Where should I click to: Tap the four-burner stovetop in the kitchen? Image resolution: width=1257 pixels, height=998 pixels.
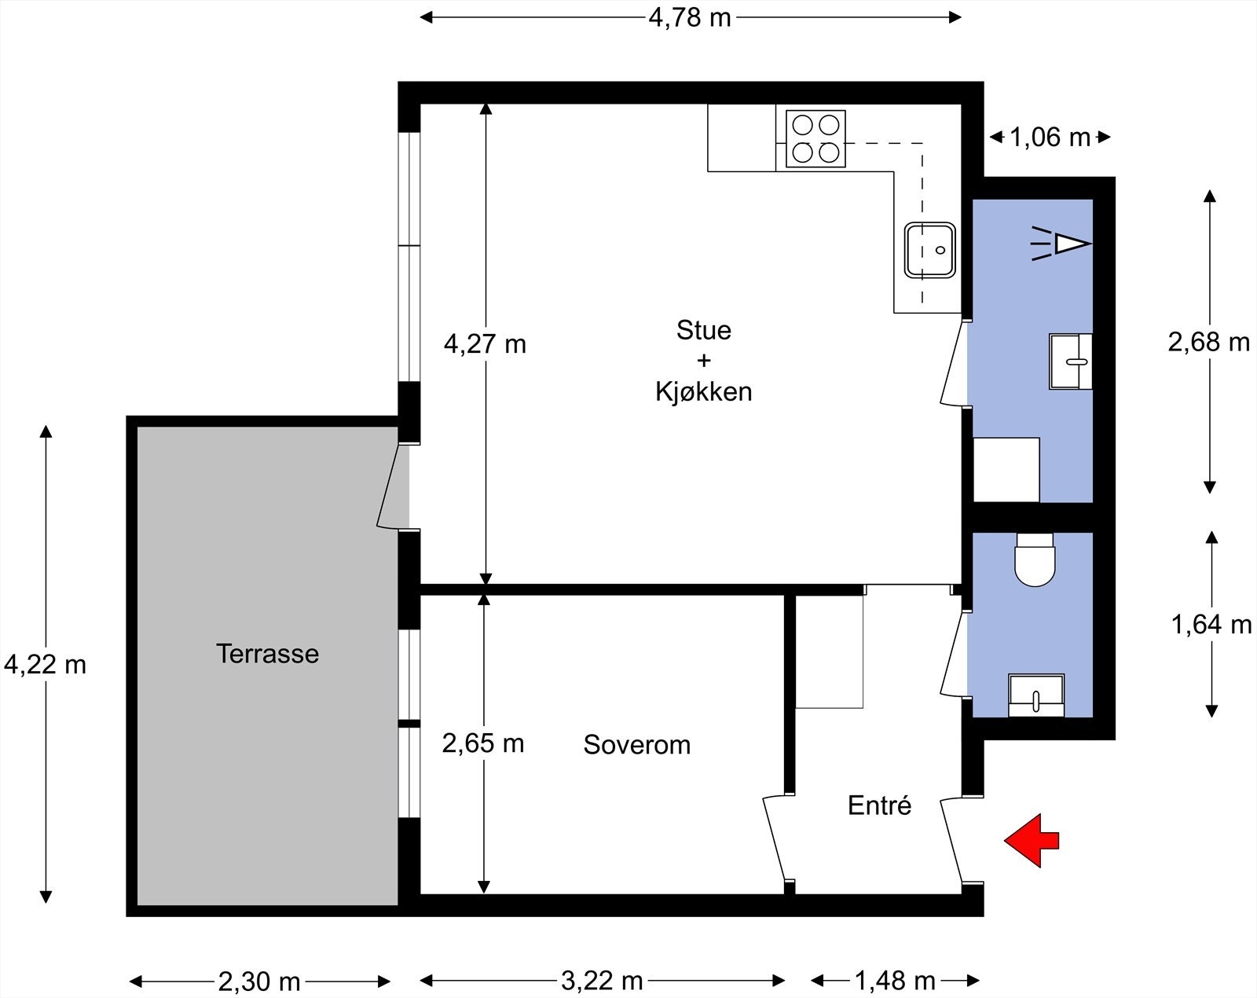(x=815, y=139)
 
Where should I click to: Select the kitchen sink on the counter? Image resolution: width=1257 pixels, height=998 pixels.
(x=930, y=250)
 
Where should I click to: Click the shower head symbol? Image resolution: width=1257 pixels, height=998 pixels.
(x=1061, y=243)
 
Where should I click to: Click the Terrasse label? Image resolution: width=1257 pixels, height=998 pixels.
(x=267, y=654)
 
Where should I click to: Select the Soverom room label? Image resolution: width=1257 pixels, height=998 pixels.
(x=636, y=744)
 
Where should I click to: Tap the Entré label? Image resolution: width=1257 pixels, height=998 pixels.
(x=879, y=805)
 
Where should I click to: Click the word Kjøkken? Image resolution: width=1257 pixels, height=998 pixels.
(x=703, y=391)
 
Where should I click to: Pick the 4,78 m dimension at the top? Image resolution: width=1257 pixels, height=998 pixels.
(x=689, y=17)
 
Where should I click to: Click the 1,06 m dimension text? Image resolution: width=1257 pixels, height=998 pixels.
(x=1050, y=138)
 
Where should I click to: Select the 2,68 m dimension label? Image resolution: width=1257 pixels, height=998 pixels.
(x=1208, y=342)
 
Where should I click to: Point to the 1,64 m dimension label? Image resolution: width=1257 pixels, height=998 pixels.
(x=1211, y=625)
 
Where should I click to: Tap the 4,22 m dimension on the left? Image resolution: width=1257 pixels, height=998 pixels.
(x=45, y=665)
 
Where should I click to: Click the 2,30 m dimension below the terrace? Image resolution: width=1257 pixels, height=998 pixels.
(x=259, y=981)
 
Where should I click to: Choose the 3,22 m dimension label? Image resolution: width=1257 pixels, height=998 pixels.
(x=602, y=981)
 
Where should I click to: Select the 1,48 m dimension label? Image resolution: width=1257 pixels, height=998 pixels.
(x=895, y=981)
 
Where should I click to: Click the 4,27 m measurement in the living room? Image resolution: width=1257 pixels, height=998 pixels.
(x=485, y=344)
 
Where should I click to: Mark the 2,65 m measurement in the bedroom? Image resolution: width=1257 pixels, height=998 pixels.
(x=482, y=743)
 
